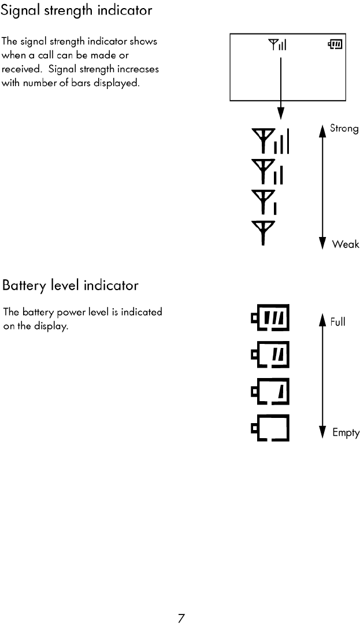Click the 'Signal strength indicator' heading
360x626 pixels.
[x=78, y=11]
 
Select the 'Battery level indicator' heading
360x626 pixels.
[x=70, y=286]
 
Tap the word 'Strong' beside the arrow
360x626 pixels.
[x=344, y=128]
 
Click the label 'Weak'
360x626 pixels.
[x=346, y=245]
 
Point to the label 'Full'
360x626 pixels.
[x=338, y=322]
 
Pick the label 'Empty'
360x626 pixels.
[x=346, y=432]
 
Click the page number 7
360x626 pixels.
[x=181, y=618]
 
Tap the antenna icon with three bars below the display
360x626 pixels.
[x=270, y=142]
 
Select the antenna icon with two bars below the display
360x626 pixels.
[x=268, y=172]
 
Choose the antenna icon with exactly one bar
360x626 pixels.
[x=264, y=202]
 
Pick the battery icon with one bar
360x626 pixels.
[x=270, y=392]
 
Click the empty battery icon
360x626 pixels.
[x=270, y=428]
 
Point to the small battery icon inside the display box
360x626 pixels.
[x=335, y=44]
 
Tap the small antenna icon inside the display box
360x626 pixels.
[x=277, y=44]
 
